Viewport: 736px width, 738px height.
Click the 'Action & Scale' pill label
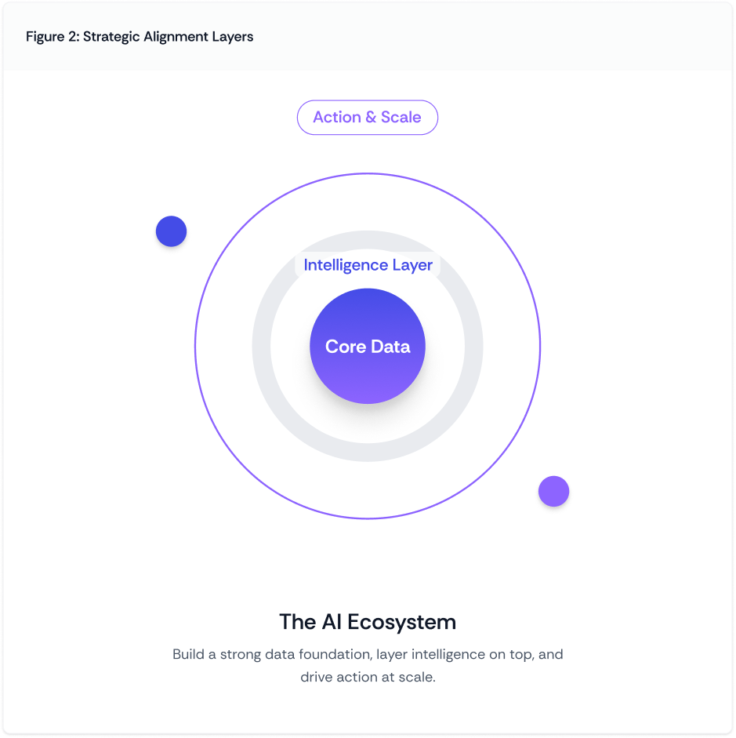(x=367, y=118)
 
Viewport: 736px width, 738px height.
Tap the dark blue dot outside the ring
(x=171, y=231)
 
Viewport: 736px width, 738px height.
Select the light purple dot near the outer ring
(x=553, y=492)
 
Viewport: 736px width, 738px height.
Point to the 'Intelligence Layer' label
(x=368, y=265)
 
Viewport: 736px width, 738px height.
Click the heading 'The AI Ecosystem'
(x=367, y=622)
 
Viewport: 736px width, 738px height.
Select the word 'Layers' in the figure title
(x=232, y=37)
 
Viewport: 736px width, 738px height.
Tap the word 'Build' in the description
(x=188, y=654)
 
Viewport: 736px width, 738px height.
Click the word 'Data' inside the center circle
(x=390, y=347)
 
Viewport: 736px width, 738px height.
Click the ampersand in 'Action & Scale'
(x=371, y=118)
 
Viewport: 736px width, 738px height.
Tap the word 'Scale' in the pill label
(x=401, y=118)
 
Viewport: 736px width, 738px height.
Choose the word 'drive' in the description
(x=317, y=676)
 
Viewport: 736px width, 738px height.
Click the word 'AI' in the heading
(x=332, y=622)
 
